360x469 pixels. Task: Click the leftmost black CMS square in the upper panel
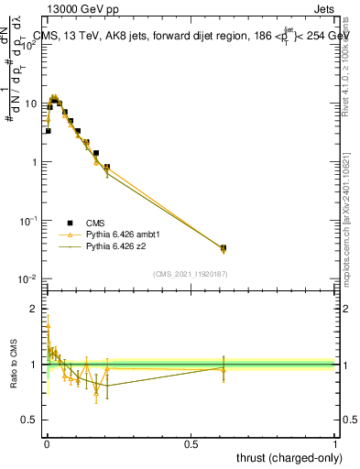coord(48,131)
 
